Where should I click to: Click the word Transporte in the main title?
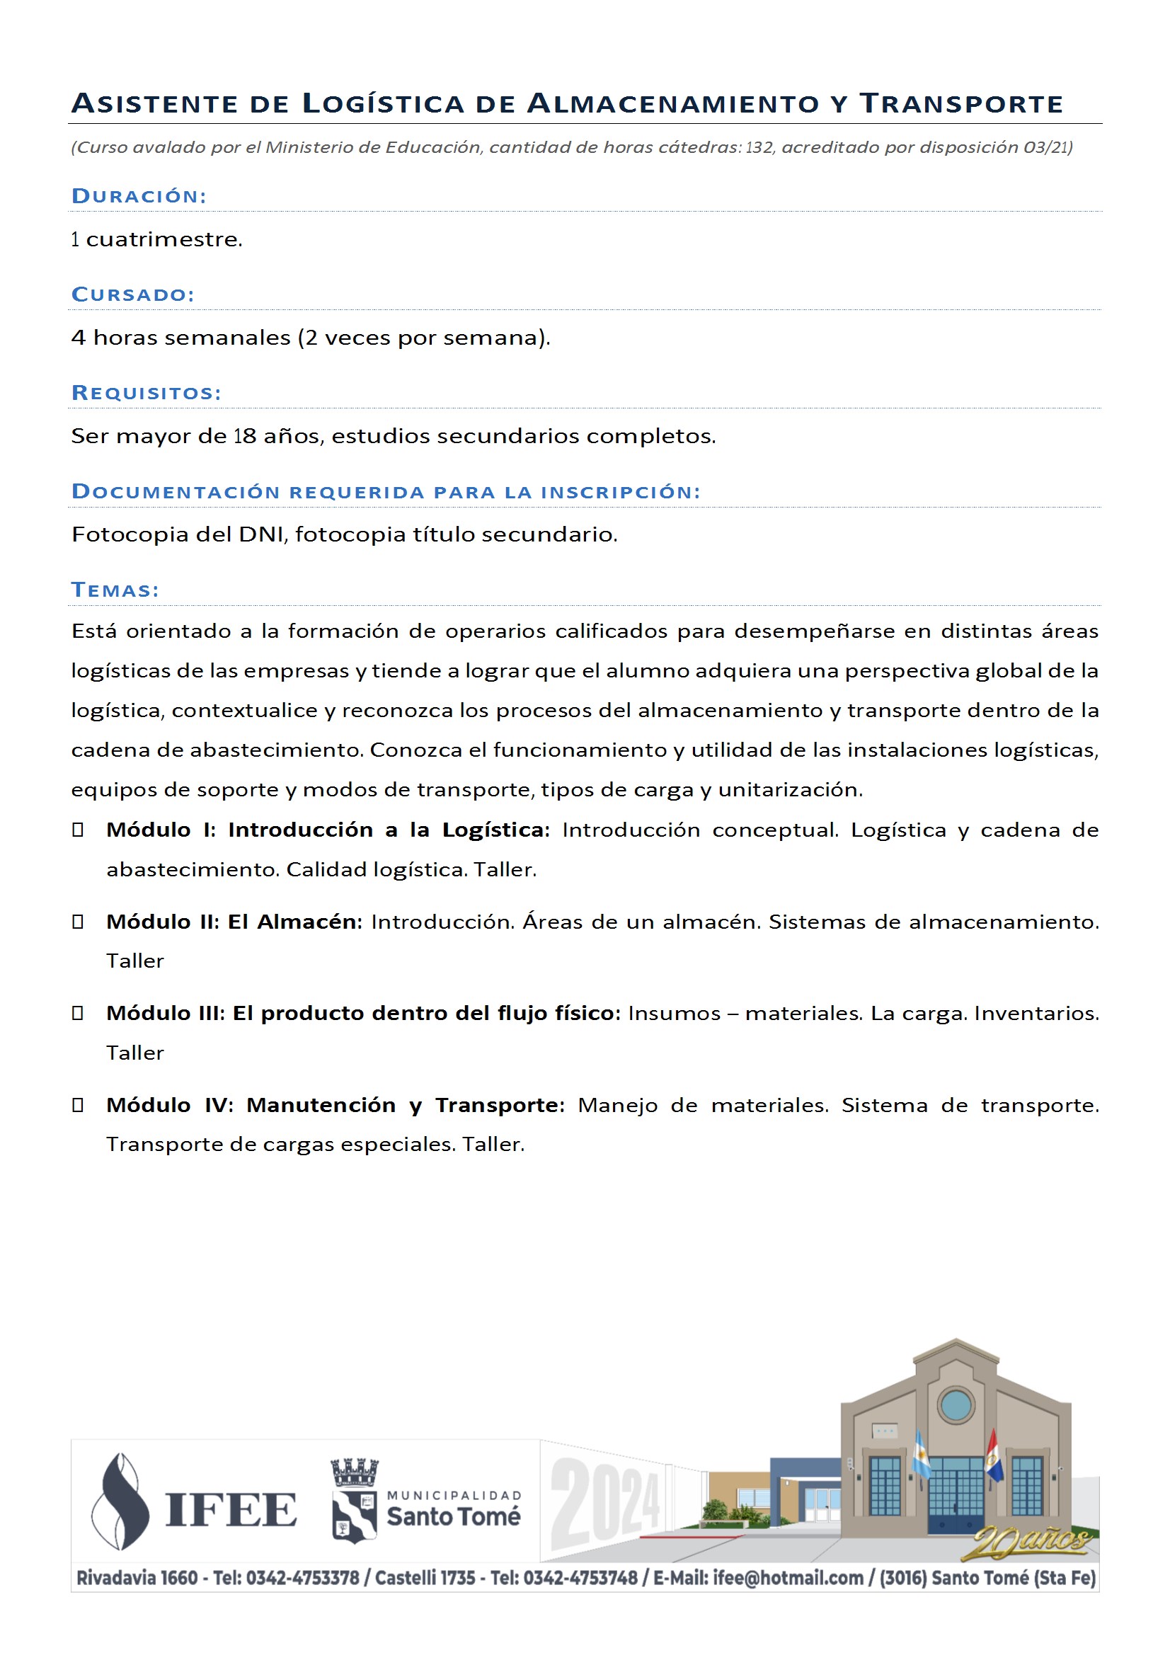[x=961, y=104]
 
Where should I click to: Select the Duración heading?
[x=139, y=196]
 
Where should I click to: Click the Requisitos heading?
[x=147, y=393]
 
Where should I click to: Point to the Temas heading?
[x=115, y=590]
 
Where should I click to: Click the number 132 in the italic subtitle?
[x=758, y=148]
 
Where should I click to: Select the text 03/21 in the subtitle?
[x=1045, y=148]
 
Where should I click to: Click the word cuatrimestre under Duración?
[x=164, y=239]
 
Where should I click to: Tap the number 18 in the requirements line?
[x=245, y=436]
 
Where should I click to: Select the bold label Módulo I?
[x=161, y=830]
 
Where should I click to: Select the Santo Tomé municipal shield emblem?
[x=354, y=1501]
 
